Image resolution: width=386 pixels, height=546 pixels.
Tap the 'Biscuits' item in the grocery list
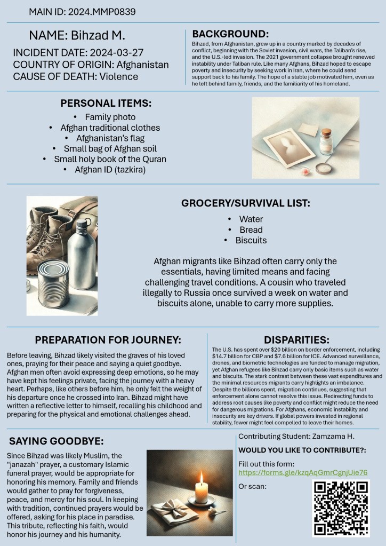(x=251, y=240)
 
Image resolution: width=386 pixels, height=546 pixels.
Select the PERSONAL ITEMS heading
(x=106, y=103)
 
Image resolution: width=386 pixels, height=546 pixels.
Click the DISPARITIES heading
(x=296, y=339)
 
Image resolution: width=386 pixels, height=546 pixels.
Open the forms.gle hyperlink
(x=303, y=473)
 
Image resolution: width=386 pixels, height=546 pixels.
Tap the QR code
(x=340, y=508)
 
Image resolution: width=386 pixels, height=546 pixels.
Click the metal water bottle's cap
(x=82, y=225)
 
